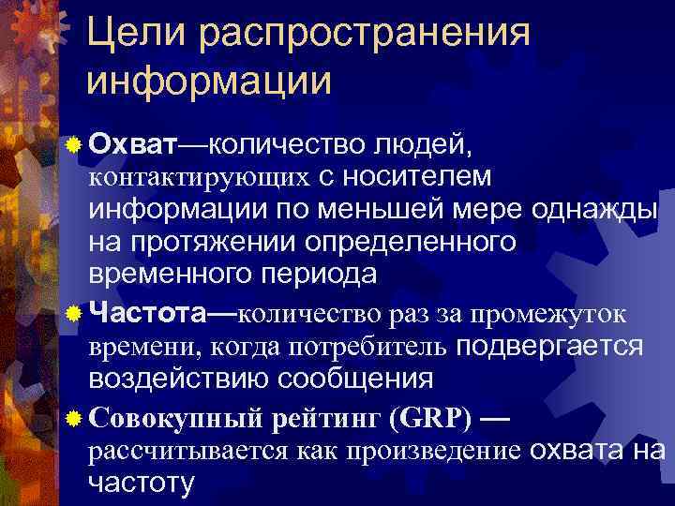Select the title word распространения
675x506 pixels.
367,36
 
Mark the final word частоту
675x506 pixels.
142,483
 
